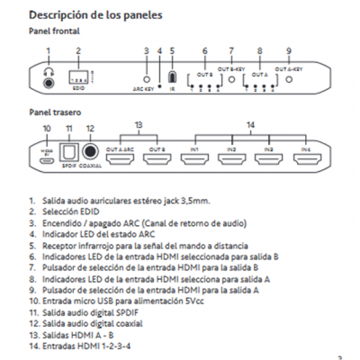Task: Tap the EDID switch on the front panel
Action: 78,78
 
